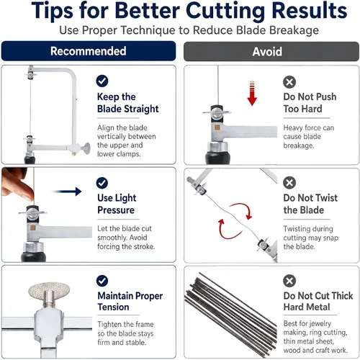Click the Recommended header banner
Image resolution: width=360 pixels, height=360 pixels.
89,51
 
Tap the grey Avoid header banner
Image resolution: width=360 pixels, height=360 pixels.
271,51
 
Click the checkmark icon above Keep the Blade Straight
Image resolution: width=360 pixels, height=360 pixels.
102,81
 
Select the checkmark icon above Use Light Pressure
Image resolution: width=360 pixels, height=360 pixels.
102,183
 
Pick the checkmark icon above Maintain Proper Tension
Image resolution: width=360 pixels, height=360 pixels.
102,281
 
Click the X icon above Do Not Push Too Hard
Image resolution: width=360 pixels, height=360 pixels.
289,82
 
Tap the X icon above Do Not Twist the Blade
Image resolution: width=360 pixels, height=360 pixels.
289,183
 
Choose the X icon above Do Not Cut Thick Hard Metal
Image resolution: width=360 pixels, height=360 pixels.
289,281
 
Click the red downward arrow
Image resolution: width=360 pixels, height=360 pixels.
252,94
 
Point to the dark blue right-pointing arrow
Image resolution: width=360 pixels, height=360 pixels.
68,192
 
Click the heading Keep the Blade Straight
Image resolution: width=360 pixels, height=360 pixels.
127,103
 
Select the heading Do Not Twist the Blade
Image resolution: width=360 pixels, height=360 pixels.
310,204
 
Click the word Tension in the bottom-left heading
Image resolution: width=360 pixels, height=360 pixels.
113,307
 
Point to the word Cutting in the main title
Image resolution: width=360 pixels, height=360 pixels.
225,11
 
